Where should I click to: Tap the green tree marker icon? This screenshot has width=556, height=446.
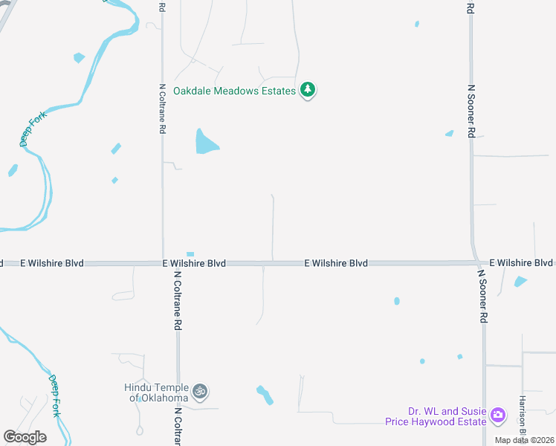tap(308, 91)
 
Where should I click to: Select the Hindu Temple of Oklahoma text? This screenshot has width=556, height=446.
tap(156, 392)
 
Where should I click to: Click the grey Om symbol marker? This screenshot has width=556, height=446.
tap(199, 391)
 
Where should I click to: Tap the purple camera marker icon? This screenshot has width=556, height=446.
tap(498, 414)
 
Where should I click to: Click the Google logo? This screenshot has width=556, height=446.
tap(25, 437)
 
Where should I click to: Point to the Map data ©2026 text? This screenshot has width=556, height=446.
tap(524, 440)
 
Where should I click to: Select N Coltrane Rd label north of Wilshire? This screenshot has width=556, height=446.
tap(162, 108)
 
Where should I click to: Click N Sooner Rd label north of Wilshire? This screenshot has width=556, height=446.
tap(471, 111)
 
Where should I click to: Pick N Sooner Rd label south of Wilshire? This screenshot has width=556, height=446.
tap(482, 296)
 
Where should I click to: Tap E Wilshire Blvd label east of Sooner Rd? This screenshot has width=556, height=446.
tap(521, 263)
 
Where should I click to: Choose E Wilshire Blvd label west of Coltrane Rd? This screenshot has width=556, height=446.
tap(52, 263)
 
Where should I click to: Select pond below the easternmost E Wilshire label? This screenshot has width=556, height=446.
tap(520, 282)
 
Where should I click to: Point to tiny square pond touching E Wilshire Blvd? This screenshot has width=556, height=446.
tap(190, 254)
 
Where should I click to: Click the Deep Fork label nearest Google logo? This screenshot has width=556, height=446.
tap(54, 395)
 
